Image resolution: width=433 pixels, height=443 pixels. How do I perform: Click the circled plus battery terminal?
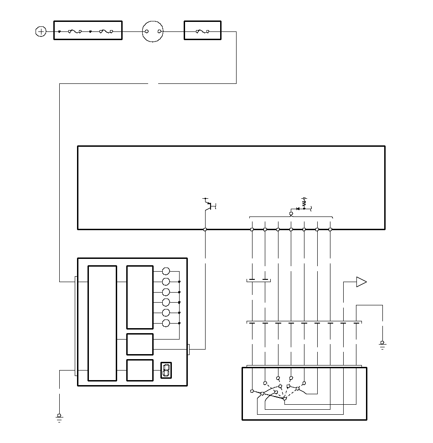point(41,31)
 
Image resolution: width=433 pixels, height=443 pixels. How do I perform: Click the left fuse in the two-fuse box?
point(74,31)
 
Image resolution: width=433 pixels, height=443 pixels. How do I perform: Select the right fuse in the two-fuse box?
point(107,31)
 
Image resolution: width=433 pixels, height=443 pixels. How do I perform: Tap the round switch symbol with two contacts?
point(153,31)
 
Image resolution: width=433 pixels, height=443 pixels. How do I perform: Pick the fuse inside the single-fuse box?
point(203,31)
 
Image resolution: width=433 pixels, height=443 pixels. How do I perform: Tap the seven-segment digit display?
point(166,370)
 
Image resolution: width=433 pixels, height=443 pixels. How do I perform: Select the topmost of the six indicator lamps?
point(166,271)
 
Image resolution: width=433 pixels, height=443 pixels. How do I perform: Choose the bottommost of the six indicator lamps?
point(166,323)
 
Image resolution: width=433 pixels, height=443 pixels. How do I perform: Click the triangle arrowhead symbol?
point(361,282)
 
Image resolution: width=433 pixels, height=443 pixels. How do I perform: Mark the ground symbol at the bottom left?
point(59,417)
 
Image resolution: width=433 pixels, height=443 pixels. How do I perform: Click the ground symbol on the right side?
point(382,344)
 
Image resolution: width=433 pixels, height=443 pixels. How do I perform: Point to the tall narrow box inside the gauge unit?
point(102,323)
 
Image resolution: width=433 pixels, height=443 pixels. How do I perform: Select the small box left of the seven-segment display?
point(139,370)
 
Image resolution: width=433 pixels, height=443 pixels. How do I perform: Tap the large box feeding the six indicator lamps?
point(139,297)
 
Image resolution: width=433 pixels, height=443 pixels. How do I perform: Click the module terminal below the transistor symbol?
point(205,230)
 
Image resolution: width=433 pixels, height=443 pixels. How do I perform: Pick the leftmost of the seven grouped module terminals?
point(252,230)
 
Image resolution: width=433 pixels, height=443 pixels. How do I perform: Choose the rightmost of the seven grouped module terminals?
point(330,230)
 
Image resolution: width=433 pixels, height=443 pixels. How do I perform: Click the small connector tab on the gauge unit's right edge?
point(188,349)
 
